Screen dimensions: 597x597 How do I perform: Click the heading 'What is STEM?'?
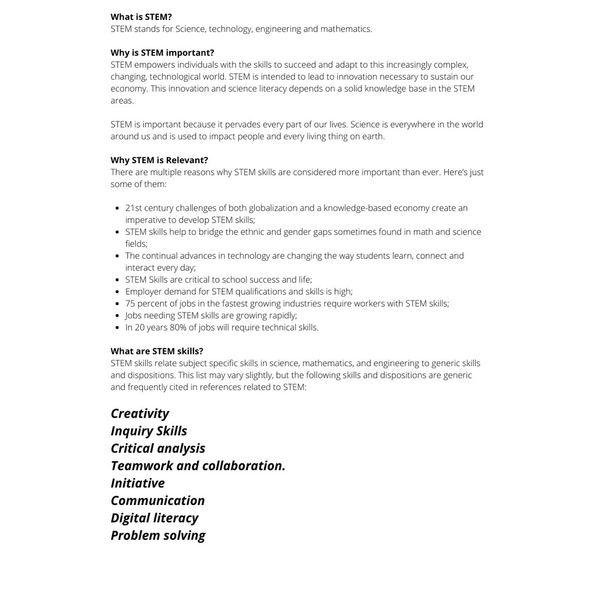coord(141,17)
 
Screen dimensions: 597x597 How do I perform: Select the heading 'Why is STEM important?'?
coord(162,52)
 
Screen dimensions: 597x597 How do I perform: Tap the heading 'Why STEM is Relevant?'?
coord(159,160)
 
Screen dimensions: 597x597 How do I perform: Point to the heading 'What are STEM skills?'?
coord(157,351)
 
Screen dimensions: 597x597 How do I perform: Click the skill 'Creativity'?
coord(140,413)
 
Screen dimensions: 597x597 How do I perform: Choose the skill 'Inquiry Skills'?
coord(149,431)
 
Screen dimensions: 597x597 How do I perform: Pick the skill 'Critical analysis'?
coord(158,448)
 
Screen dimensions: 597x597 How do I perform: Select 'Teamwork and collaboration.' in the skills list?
coord(198,466)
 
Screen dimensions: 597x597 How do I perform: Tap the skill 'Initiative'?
coord(138,483)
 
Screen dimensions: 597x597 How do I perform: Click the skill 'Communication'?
coord(157,501)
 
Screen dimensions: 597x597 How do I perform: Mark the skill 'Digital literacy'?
coord(154,518)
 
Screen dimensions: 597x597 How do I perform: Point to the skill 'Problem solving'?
coord(158,536)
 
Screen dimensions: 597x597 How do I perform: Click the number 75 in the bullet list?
coord(131,303)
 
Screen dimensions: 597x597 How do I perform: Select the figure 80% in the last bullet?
coord(178,327)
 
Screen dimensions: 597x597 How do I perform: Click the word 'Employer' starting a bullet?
coord(143,292)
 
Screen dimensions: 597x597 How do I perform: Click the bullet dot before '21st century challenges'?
coord(118,208)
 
